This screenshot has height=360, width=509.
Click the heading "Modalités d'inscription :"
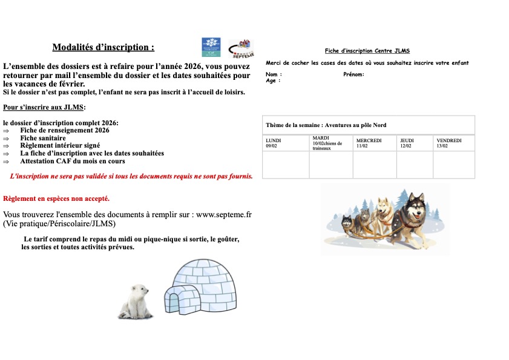[103, 47]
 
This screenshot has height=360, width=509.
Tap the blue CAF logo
[211, 47]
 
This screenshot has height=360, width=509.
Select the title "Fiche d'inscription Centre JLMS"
[367, 51]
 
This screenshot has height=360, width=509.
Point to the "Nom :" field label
[274, 74]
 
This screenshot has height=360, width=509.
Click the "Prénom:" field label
[353, 74]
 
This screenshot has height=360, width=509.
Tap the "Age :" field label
[273, 80]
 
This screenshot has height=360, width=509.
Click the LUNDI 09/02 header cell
[285, 143]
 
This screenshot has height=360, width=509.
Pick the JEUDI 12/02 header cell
[415, 143]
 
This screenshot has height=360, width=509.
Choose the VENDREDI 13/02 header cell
[454, 143]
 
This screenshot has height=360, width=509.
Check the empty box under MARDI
[330, 165]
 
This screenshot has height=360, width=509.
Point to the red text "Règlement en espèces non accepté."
[56, 198]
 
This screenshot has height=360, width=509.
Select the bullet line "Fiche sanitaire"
[43, 138]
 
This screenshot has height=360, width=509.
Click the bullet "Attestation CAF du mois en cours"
[73, 161]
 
